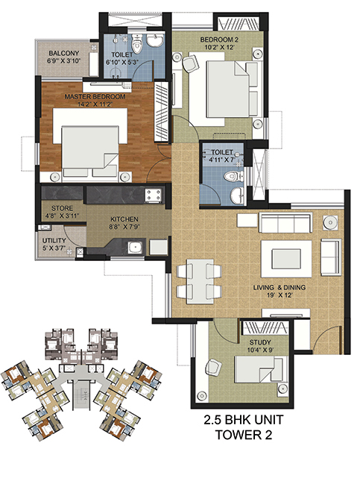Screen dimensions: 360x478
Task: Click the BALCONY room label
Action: (63, 53)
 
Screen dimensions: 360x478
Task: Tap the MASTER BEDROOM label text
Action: (95, 97)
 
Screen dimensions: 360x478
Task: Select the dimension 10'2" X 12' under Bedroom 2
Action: (219, 47)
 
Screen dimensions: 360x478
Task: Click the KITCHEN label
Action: (124, 219)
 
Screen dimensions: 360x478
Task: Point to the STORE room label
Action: (62, 208)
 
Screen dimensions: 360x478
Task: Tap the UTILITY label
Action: (54, 241)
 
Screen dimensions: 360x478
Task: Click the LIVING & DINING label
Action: (280, 287)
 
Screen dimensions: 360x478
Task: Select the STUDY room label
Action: (260, 342)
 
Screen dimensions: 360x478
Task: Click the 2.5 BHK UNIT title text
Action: (243, 420)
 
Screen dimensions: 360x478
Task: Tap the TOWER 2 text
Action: (244, 435)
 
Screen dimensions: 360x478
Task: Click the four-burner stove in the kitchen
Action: (153, 195)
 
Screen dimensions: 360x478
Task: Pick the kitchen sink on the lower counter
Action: (136, 248)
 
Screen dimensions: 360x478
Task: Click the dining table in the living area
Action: (200, 281)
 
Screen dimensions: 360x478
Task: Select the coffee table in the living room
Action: (286, 259)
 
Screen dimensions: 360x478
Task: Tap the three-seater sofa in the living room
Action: (285, 223)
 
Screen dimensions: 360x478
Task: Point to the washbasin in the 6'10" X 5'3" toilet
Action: (155, 40)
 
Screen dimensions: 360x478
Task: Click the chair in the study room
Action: (213, 367)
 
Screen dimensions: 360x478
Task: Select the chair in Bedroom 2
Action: (191, 64)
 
